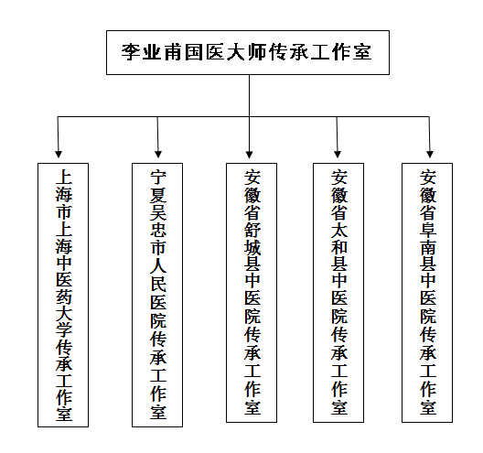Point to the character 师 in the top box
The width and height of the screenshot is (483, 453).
(x=258, y=52)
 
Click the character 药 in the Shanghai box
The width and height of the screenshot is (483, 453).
(x=64, y=296)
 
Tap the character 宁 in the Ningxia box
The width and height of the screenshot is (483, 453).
(x=158, y=178)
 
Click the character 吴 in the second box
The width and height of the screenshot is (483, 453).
(x=158, y=212)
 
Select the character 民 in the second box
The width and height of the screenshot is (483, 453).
(x=158, y=283)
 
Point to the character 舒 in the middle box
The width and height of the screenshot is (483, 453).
(x=252, y=230)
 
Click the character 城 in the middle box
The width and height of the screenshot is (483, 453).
(x=252, y=247)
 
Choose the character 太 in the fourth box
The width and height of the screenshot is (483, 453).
(x=339, y=230)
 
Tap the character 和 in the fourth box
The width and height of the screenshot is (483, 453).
(x=339, y=247)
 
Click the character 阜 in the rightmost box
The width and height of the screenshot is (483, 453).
(x=428, y=230)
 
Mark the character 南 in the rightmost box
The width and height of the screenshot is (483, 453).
(x=428, y=247)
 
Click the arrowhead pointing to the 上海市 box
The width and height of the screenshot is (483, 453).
(x=59, y=154)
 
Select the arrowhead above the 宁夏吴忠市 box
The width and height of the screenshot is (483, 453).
(x=158, y=154)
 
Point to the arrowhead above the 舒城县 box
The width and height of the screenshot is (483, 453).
(x=249, y=154)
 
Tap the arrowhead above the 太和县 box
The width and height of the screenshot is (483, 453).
(x=338, y=154)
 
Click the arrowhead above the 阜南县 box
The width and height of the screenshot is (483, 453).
(x=430, y=154)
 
